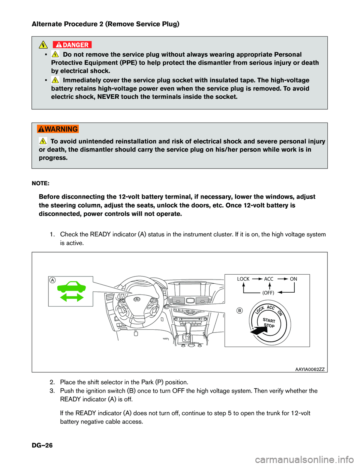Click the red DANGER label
(x=72, y=45)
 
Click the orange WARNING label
(x=58, y=129)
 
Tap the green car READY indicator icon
(x=71, y=287)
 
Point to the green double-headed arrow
(x=72, y=298)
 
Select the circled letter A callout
(x=53, y=280)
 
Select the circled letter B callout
(x=239, y=310)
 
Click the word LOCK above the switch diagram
(x=243, y=279)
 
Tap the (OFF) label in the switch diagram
(x=268, y=293)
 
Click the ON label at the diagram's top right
(x=293, y=279)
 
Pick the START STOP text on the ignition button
(x=269, y=323)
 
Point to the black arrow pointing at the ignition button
(x=258, y=331)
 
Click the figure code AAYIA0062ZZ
(x=310, y=369)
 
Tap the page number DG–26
(x=42, y=445)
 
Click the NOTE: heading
(x=40, y=183)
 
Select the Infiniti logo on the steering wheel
(x=137, y=300)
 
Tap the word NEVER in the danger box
(x=108, y=97)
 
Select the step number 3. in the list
(x=52, y=391)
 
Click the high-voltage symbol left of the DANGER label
(x=43, y=45)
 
